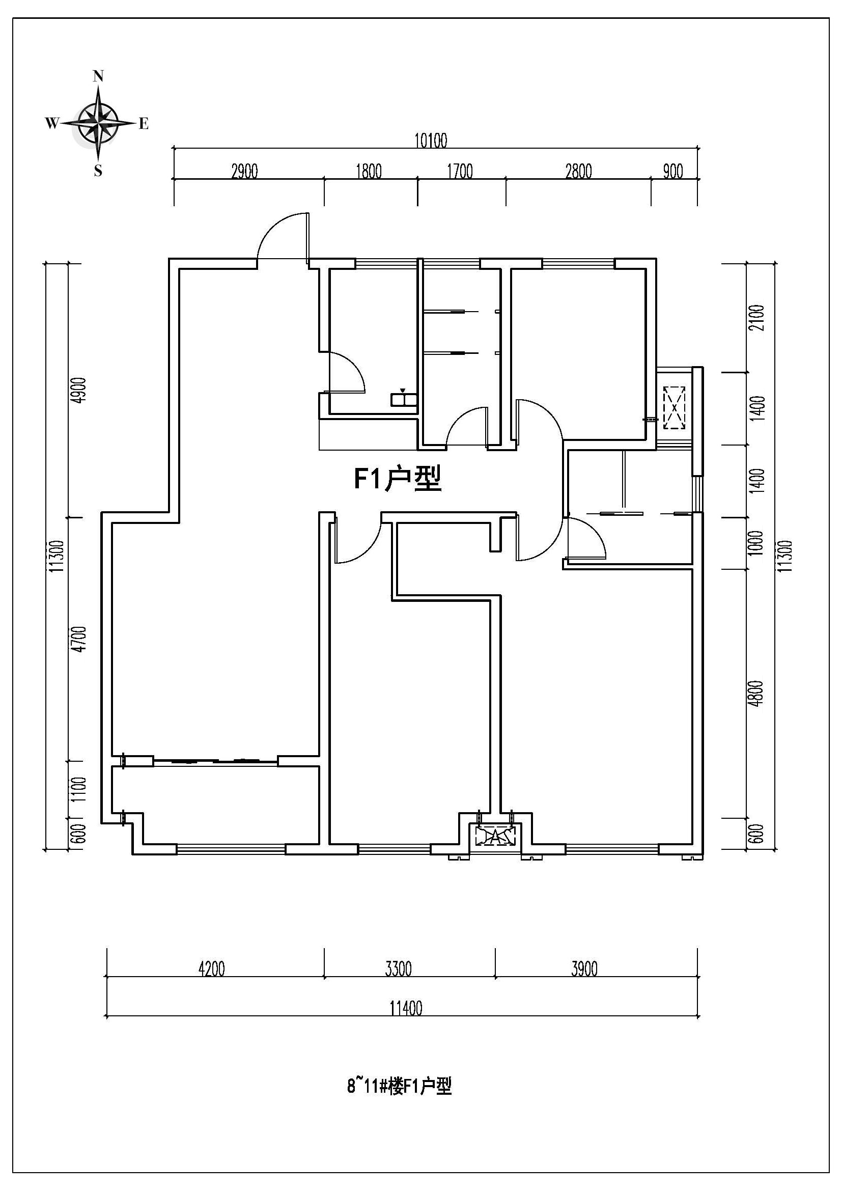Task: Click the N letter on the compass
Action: point(98,76)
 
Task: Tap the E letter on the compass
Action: point(144,123)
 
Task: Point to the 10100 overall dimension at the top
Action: point(431,141)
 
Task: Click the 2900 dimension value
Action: point(245,171)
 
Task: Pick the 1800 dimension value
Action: point(369,171)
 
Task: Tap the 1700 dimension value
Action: point(460,171)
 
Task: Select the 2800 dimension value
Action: point(579,171)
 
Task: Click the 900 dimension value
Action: point(673,171)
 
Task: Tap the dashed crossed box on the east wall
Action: point(674,407)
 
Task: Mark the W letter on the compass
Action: point(52,123)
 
